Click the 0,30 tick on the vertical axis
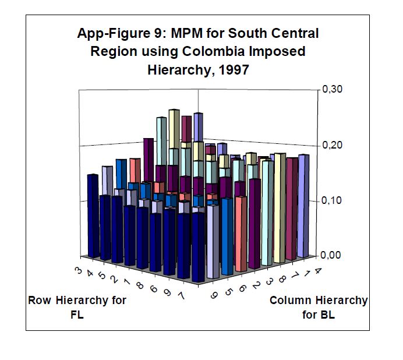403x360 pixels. coord(333,89)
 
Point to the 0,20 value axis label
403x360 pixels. coord(333,144)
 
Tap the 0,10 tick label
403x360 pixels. coord(333,200)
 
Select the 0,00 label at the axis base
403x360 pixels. coord(333,255)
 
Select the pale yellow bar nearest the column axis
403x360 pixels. coord(280,207)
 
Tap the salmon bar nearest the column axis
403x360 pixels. coord(243,233)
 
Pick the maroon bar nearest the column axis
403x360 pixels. coord(292,209)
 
